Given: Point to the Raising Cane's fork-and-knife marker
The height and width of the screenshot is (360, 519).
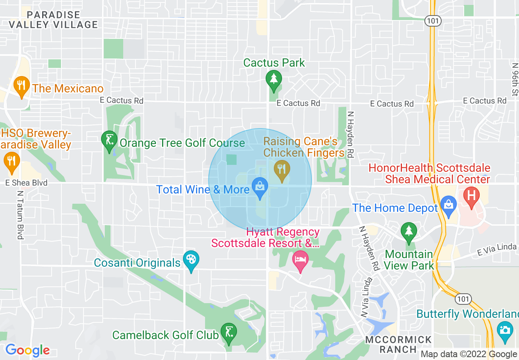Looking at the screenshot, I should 281,169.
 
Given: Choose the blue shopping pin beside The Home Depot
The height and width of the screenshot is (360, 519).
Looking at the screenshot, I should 449,206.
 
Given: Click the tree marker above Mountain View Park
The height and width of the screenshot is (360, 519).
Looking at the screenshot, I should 408,232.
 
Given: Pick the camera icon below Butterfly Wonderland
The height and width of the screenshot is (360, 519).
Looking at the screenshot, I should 505,331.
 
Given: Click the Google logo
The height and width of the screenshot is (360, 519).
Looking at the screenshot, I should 27,350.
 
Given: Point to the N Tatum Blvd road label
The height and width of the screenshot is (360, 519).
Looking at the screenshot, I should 20,215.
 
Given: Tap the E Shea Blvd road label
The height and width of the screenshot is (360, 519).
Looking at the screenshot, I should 26,183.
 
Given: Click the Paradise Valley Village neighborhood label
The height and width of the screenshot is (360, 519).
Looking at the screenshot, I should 54,20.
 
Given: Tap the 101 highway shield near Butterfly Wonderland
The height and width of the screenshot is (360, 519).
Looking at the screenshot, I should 464,299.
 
